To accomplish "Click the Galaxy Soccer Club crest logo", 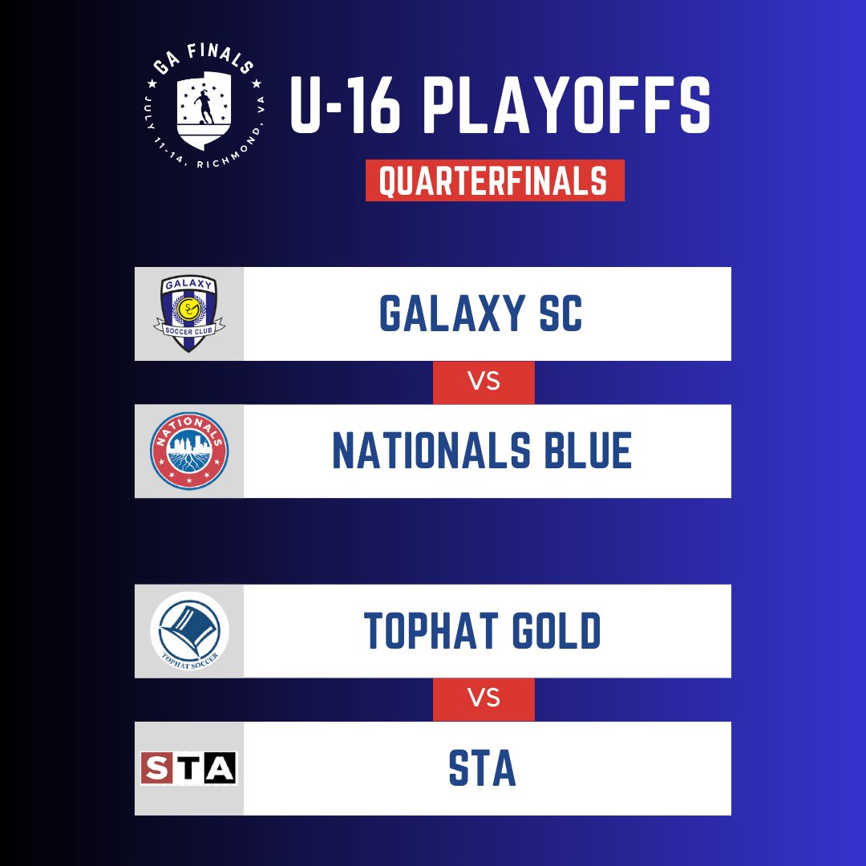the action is click(x=189, y=314).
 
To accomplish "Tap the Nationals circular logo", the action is click(x=189, y=451).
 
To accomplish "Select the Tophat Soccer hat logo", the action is click(x=189, y=631).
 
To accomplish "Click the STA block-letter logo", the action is click(x=189, y=767).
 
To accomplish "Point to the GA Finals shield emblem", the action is click(x=204, y=110).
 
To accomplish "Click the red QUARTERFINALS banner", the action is click(x=495, y=180).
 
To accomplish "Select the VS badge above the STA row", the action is click(x=484, y=698).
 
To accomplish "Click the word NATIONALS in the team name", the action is click(x=431, y=451).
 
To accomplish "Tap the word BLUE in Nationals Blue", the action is click(x=589, y=451).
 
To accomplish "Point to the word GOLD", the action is click(x=556, y=631).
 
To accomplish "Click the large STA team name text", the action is click(x=482, y=768).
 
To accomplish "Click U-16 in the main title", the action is click(x=345, y=105).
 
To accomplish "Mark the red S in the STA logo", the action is click(x=157, y=768).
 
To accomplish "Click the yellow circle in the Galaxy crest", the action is click(x=189, y=308).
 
